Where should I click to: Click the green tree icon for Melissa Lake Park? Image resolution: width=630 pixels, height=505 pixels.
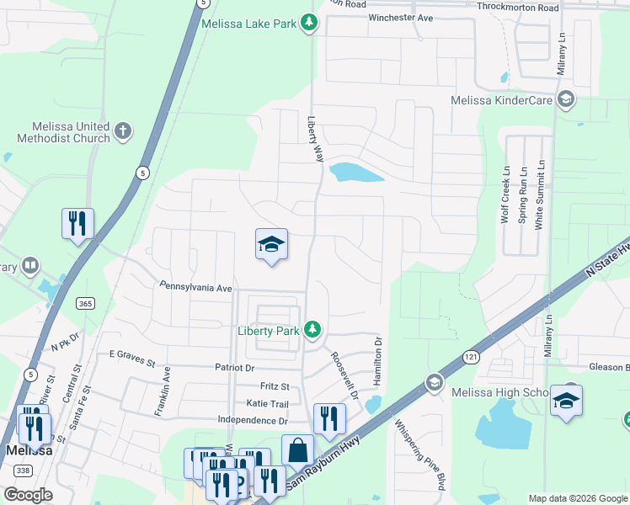click(x=310, y=23)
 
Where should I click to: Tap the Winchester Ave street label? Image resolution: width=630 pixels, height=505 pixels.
click(x=400, y=18)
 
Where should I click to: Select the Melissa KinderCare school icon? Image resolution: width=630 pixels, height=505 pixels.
click(x=566, y=100)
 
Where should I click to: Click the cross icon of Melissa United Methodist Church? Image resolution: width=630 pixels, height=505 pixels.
click(x=123, y=130)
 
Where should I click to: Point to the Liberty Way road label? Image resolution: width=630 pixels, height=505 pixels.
click(x=315, y=139)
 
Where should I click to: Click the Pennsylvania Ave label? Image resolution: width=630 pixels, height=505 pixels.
click(x=195, y=287)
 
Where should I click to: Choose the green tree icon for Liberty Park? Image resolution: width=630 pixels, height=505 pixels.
click(x=312, y=330)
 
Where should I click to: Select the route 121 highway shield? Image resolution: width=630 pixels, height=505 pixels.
click(x=470, y=358)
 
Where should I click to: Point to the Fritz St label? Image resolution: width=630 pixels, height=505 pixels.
click(x=274, y=386)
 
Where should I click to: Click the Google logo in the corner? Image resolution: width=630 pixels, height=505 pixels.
click(x=28, y=495)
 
